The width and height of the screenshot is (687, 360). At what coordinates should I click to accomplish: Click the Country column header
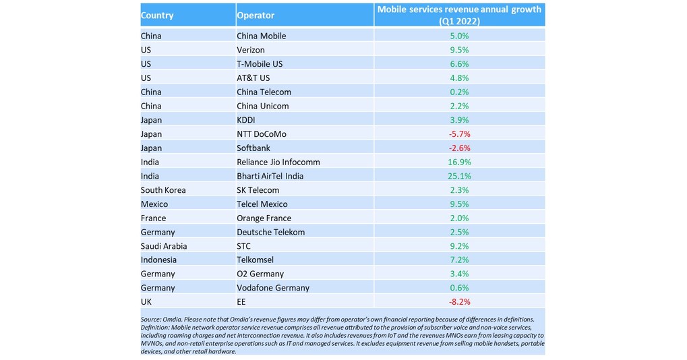[x=157, y=16]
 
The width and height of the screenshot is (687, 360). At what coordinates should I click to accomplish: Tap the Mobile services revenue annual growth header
[x=460, y=15]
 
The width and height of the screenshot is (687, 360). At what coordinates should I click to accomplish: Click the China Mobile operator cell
[x=261, y=36]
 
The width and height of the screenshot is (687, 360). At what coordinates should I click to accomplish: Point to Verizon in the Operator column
[x=251, y=50]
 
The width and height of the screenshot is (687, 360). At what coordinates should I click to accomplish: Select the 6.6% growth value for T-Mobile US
[x=460, y=64]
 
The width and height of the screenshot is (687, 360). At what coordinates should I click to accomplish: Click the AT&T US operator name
[x=253, y=78]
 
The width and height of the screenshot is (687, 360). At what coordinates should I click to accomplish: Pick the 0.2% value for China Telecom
[x=460, y=92]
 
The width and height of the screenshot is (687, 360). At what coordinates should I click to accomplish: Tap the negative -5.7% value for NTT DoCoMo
[x=460, y=134]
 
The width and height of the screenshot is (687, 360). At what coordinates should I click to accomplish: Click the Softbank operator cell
[x=254, y=148]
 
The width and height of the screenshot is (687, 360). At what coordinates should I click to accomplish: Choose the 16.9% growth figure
[x=460, y=162]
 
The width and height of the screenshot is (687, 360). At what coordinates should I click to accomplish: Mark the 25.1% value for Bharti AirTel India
[x=460, y=176]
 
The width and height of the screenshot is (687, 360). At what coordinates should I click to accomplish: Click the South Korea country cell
[x=163, y=190]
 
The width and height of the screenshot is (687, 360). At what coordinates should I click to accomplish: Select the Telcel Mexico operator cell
[x=262, y=204]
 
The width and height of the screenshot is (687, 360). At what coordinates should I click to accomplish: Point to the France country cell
[x=154, y=218]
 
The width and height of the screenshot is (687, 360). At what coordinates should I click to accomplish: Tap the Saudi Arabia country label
[x=164, y=246]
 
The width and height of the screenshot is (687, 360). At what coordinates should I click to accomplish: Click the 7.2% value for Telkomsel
[x=460, y=260]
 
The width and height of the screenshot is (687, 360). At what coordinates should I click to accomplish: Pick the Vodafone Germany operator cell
[x=273, y=288]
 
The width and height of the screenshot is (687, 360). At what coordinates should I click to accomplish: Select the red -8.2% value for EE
[x=460, y=302]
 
